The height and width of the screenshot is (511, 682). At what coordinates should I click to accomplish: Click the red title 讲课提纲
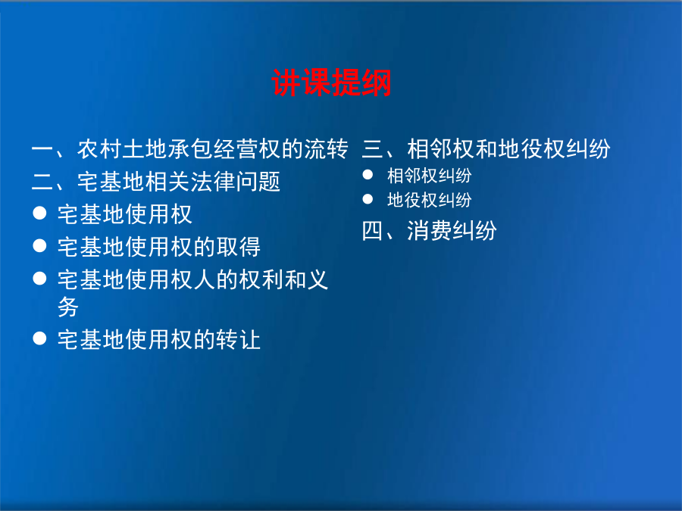[x=331, y=83]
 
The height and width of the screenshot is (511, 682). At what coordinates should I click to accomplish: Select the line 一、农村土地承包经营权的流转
[x=190, y=149]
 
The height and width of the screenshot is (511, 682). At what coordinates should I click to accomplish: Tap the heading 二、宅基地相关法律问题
[x=155, y=182]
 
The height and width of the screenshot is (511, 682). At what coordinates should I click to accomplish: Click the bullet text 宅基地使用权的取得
[x=159, y=247]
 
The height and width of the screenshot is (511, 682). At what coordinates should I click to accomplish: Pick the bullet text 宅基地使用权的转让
[x=159, y=340]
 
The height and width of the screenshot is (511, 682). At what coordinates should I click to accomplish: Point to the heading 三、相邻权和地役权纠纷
[x=486, y=149]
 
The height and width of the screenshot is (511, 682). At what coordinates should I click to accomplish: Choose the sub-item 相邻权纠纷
[x=430, y=176]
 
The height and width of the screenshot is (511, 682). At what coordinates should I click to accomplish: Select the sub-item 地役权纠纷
[x=430, y=200]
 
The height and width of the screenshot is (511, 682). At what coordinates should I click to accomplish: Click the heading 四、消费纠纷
[x=429, y=231]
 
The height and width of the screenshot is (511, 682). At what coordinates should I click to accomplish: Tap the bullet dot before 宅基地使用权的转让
[x=39, y=338]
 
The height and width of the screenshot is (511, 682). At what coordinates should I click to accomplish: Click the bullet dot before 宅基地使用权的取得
[x=39, y=245]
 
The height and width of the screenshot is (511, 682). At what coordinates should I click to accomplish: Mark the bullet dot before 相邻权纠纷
[x=368, y=175]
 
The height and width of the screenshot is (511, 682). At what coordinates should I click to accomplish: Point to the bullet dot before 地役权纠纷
[x=368, y=199]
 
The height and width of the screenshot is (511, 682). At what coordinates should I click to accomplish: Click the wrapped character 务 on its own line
[x=68, y=307]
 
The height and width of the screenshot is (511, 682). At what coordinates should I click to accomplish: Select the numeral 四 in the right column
[x=372, y=231]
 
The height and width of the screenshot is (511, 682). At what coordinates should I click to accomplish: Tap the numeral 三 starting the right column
[x=372, y=149]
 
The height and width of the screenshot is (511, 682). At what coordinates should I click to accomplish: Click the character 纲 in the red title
[x=377, y=83]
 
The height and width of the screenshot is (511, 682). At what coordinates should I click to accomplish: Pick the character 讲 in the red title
[x=286, y=83]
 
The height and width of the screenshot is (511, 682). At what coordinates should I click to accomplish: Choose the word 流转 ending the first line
[x=326, y=149]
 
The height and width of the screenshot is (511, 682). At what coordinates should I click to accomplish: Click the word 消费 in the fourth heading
[x=429, y=231]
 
